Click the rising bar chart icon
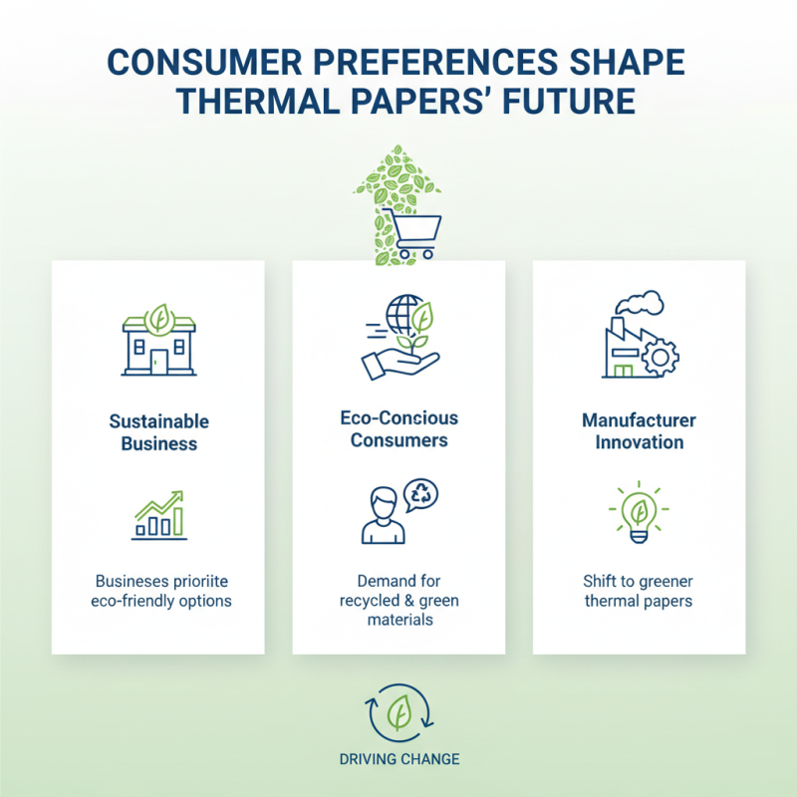point(158,514)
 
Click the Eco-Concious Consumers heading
point(398,429)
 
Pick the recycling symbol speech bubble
point(419,493)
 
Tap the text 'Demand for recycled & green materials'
point(398,600)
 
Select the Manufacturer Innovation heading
point(639,430)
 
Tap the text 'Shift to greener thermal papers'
point(639,591)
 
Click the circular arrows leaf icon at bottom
point(398,711)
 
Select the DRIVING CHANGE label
point(398,759)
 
